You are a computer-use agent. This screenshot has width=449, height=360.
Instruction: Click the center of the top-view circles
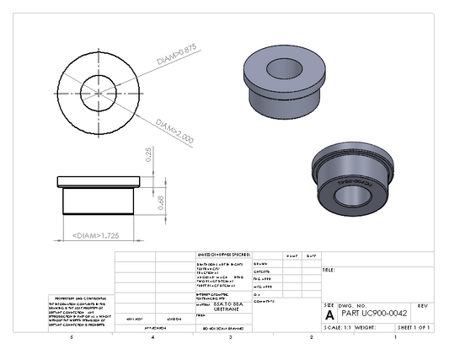tap(99, 91)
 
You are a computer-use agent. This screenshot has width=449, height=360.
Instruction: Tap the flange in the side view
tap(97, 180)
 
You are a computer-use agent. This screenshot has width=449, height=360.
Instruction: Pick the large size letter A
tap(329, 313)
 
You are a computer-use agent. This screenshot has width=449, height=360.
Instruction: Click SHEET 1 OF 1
tap(413, 326)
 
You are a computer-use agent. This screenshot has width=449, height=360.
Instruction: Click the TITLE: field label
tap(329, 271)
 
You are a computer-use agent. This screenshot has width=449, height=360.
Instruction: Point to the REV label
tap(423, 304)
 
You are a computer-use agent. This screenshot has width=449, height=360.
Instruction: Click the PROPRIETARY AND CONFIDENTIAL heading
tap(78, 298)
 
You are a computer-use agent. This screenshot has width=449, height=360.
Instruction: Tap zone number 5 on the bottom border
tap(72, 337)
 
